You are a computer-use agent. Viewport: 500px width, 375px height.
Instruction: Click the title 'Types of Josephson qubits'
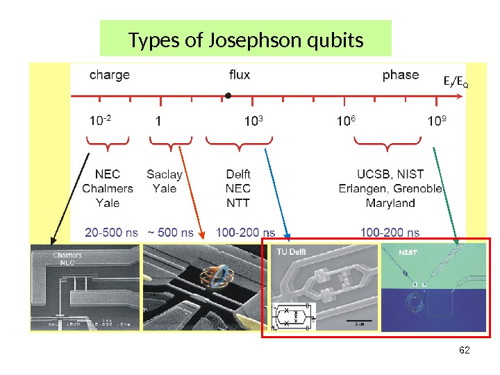(x=246, y=40)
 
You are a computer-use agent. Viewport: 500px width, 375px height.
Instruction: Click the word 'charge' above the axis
(x=109, y=75)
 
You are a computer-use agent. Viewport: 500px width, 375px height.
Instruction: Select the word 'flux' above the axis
(x=240, y=75)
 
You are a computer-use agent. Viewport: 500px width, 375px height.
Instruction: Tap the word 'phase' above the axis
(x=401, y=75)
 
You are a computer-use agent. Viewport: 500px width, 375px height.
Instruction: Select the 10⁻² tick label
(x=100, y=122)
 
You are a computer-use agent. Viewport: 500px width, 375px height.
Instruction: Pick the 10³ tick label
(x=253, y=122)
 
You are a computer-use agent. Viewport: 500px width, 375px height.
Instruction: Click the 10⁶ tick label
(x=345, y=122)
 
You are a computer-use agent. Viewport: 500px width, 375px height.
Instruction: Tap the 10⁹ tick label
(x=437, y=122)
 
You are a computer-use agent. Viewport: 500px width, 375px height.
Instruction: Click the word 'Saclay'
(x=165, y=174)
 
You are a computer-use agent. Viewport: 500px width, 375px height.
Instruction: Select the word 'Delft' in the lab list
(x=238, y=174)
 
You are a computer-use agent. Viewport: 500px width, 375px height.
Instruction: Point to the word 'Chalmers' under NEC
(x=108, y=188)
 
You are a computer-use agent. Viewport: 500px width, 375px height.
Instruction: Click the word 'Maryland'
(x=390, y=203)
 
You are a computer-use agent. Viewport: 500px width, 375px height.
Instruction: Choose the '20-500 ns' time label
(x=111, y=232)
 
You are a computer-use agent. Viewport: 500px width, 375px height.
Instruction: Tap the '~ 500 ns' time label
(x=170, y=232)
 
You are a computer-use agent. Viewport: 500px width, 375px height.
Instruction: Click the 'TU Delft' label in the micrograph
(x=291, y=251)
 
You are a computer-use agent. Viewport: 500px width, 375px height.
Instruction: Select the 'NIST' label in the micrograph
(x=408, y=252)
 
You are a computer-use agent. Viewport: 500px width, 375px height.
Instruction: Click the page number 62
(x=465, y=349)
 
